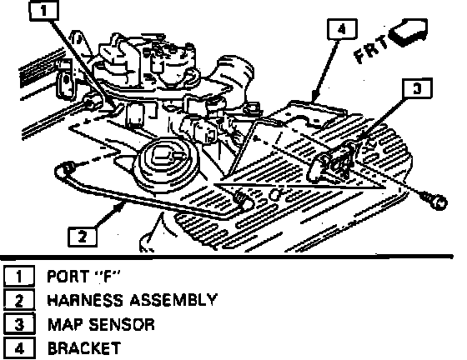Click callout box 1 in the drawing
tap(43, 11)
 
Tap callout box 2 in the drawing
tap(83, 237)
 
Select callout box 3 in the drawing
tap(417, 88)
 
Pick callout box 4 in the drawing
tap(342, 29)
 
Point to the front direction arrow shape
tap(409, 32)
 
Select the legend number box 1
tap(19, 276)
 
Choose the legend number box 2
tap(19, 300)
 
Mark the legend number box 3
tap(19, 323)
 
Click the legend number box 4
tap(19, 347)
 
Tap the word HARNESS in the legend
tap(85, 300)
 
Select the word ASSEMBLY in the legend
tap(173, 300)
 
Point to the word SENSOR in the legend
tap(122, 324)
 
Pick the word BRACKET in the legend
tap(84, 348)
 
